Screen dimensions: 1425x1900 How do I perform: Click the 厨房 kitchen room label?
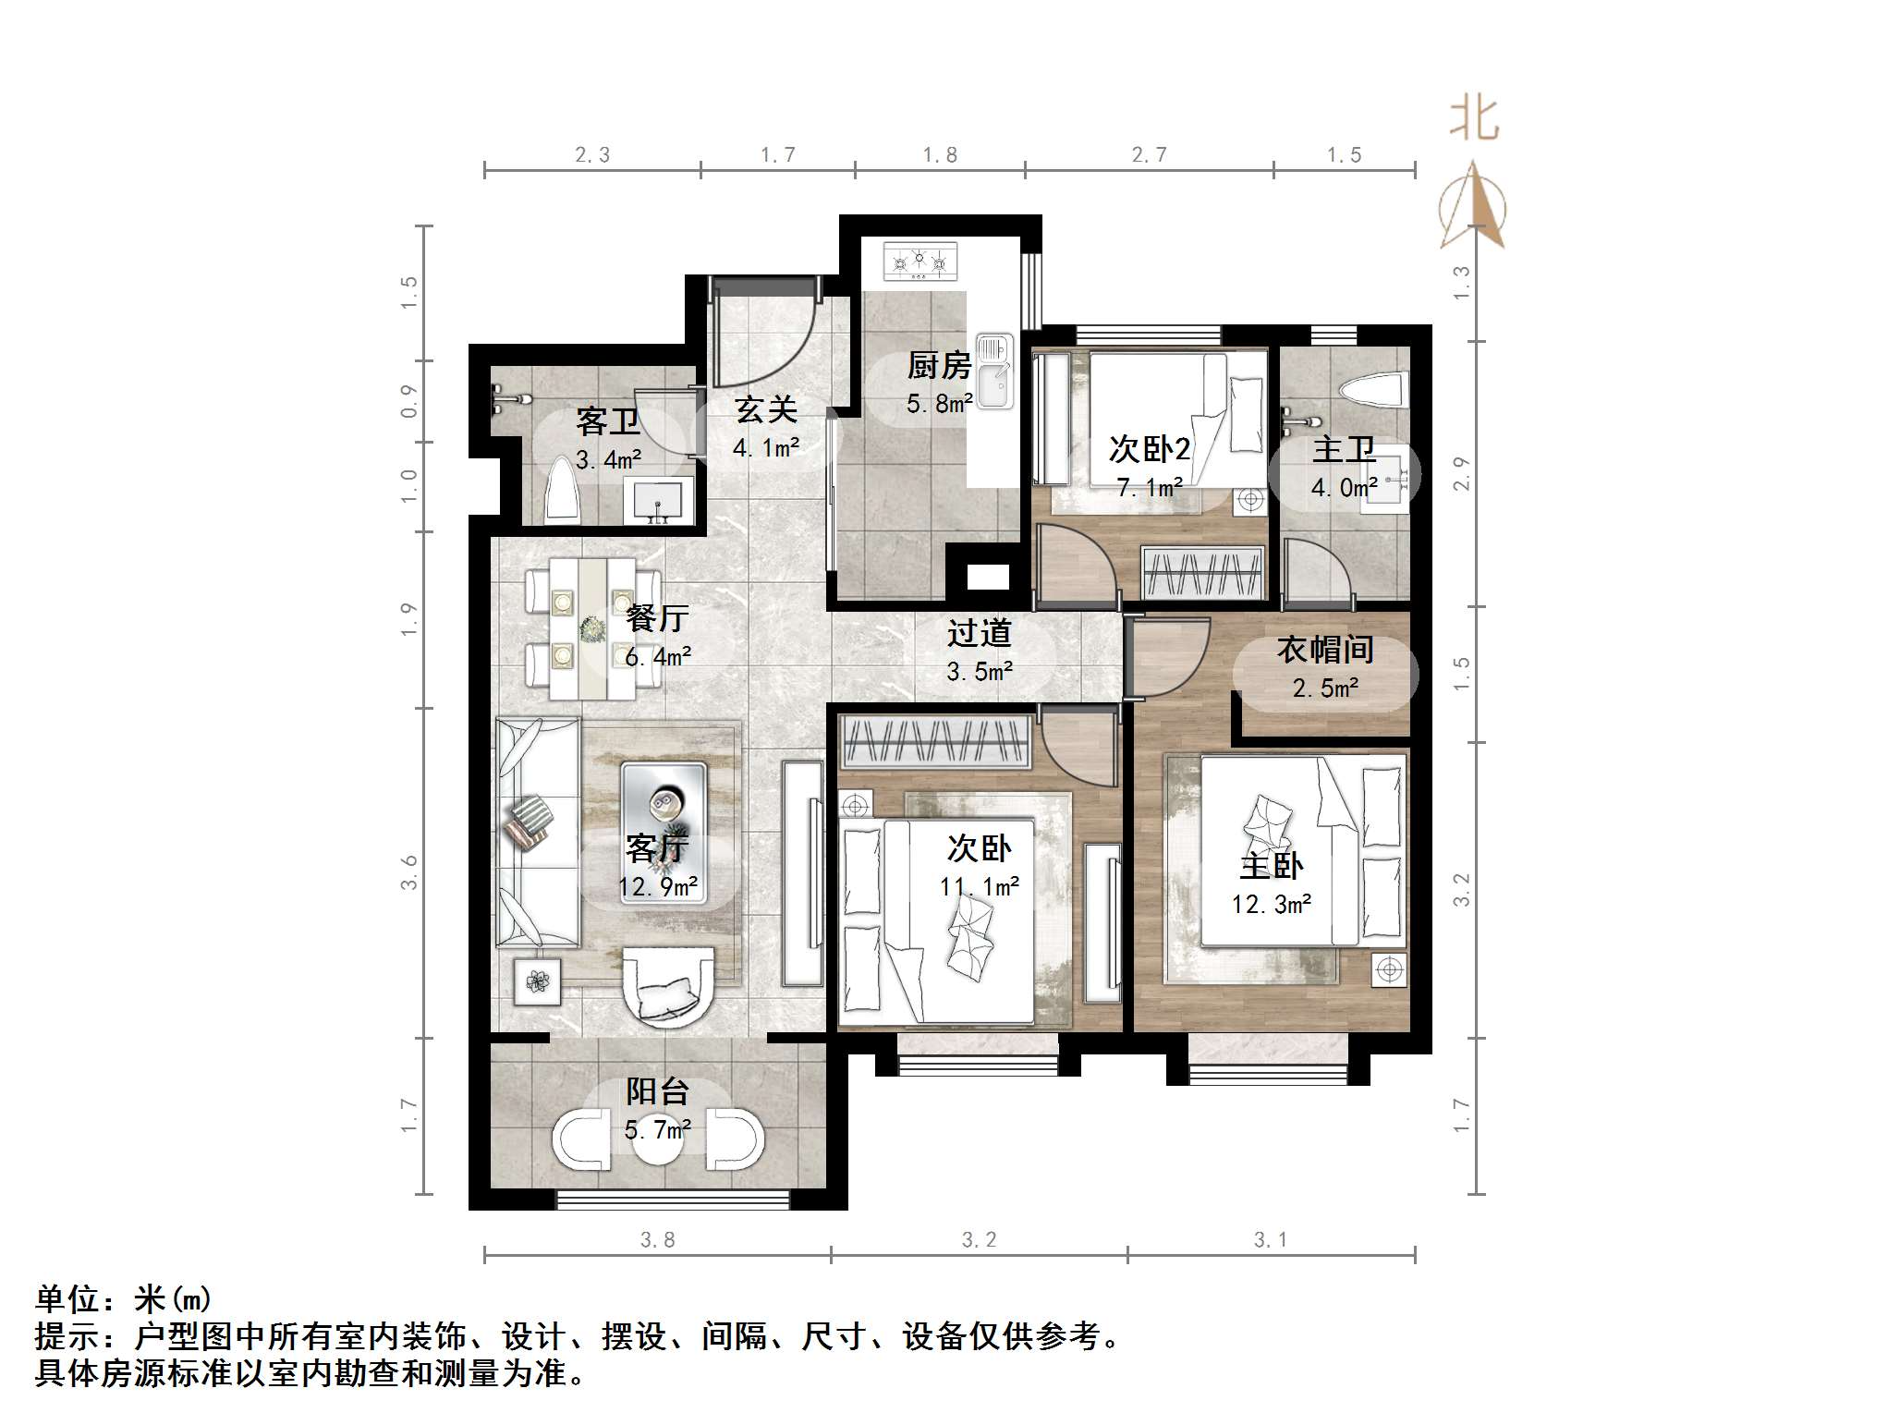click(x=939, y=366)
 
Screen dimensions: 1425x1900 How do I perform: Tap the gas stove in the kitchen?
click(x=920, y=262)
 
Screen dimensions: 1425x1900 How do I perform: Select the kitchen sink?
click(x=994, y=371)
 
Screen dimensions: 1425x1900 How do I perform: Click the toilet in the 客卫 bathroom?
click(x=562, y=491)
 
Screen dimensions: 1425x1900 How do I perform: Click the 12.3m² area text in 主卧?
click(x=1271, y=904)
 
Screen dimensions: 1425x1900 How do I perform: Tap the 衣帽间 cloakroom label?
click(x=1325, y=650)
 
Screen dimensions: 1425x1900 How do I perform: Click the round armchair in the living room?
click(x=667, y=986)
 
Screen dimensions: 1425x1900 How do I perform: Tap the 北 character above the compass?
click(x=1473, y=119)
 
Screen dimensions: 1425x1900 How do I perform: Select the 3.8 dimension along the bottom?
click(x=657, y=1239)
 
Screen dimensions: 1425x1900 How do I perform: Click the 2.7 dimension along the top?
click(x=1149, y=155)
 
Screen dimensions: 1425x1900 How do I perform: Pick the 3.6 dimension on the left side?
click(x=408, y=872)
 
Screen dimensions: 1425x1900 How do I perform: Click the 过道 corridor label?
click(x=979, y=633)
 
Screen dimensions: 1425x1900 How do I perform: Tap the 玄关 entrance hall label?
click(x=765, y=409)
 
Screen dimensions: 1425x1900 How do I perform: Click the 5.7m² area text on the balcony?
click(x=657, y=1129)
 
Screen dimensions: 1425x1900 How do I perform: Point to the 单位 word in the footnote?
click(x=67, y=1299)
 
